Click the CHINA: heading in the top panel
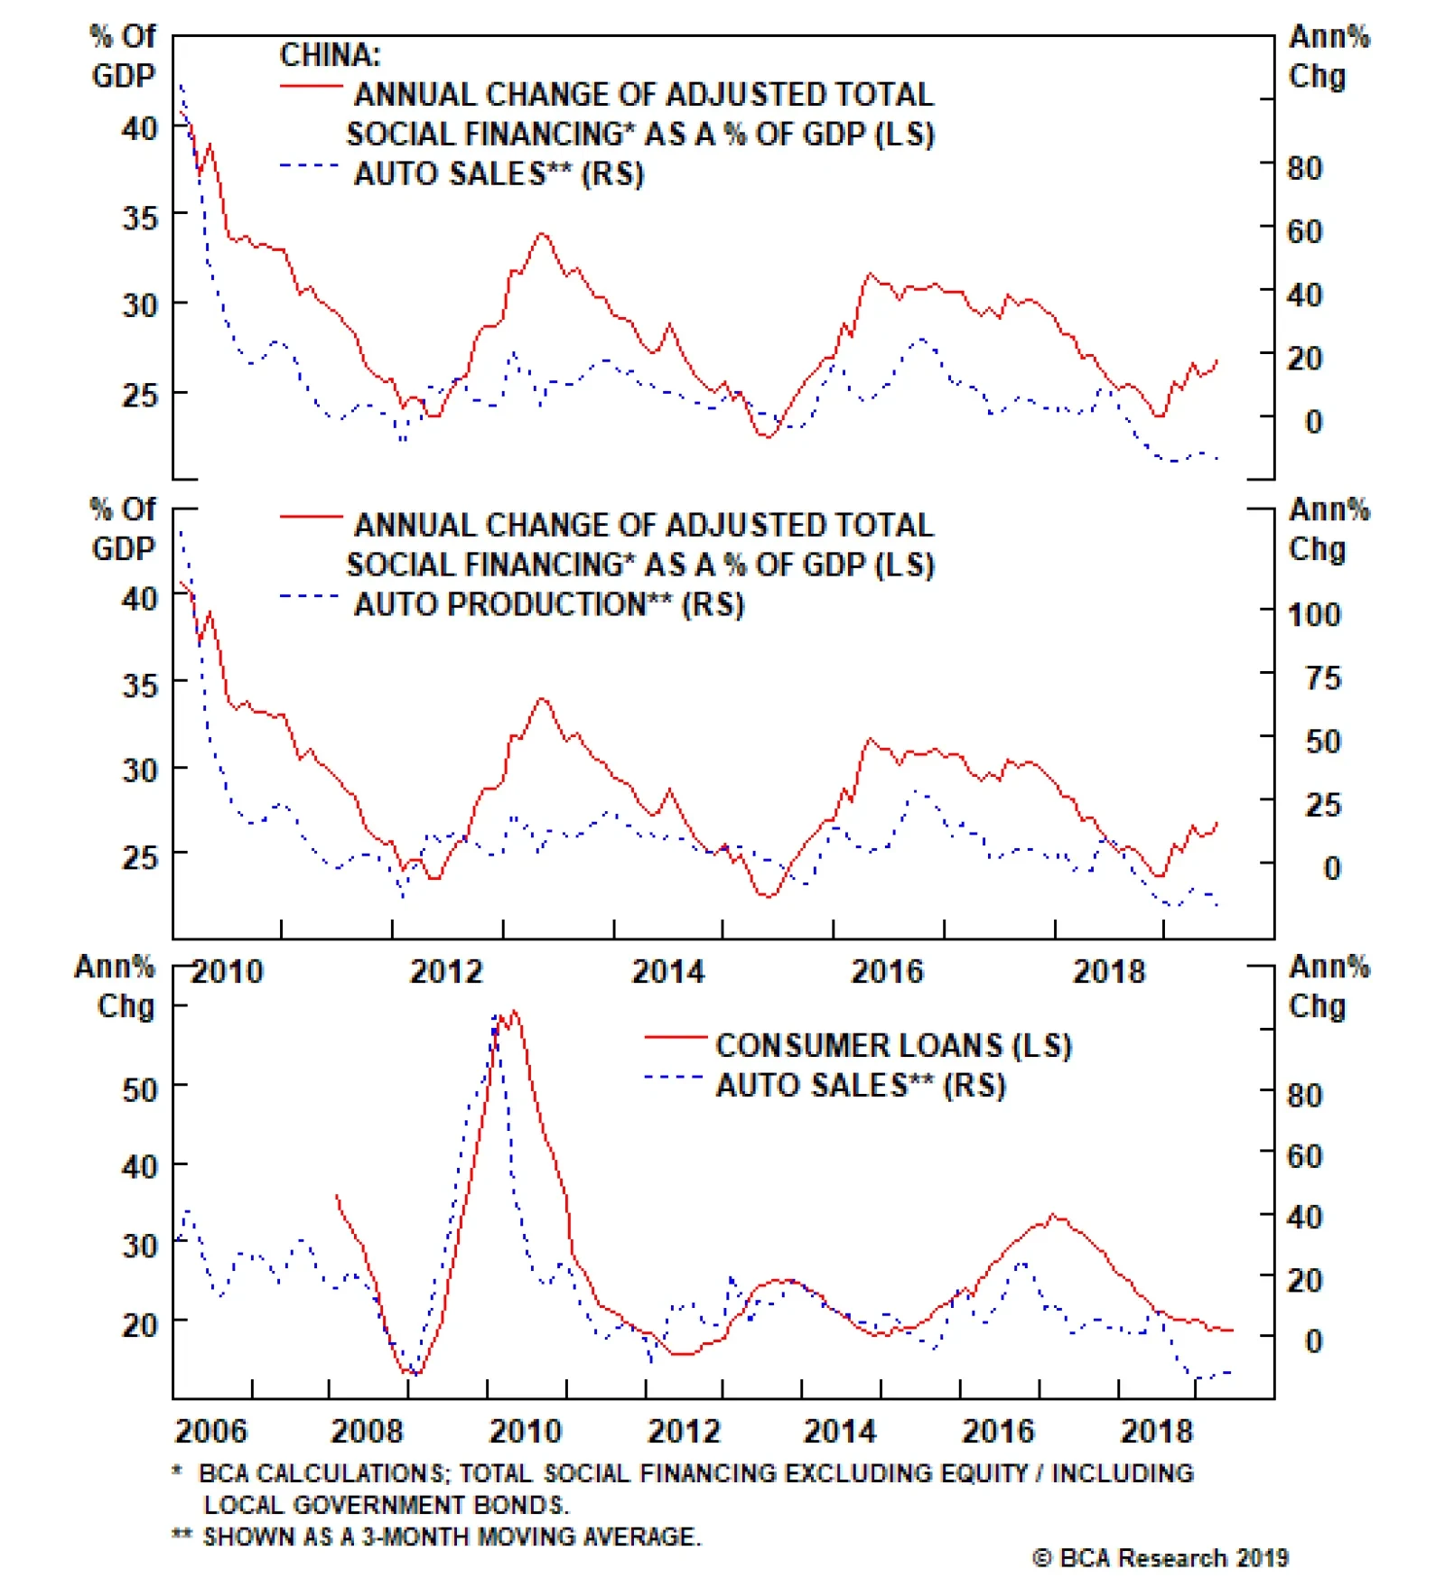pyautogui.click(x=330, y=55)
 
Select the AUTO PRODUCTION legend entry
pyautogui.click(x=548, y=604)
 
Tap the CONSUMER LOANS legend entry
pyautogui.click(x=893, y=1045)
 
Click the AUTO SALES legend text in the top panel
pyautogui.click(x=499, y=173)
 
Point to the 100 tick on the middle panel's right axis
pyautogui.click(x=1313, y=615)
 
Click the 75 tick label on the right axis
pyautogui.click(x=1322, y=678)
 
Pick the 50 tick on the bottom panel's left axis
pyautogui.click(x=140, y=1089)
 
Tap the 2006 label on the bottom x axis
pyautogui.click(x=210, y=1432)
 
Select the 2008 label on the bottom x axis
pyautogui.click(x=367, y=1432)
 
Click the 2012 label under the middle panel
pyautogui.click(x=446, y=972)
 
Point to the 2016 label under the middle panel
pyautogui.click(x=887, y=972)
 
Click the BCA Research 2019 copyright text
pyautogui.click(x=1161, y=1558)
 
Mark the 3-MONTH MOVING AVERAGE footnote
pyautogui.click(x=452, y=1537)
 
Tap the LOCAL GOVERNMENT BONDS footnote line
pyautogui.click(x=386, y=1505)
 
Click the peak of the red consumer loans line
pyautogui.click(x=514, y=1012)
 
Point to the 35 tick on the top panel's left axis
pyautogui.click(x=140, y=218)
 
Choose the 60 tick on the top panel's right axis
pyautogui.click(x=1304, y=232)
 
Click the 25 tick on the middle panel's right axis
pyautogui.click(x=1322, y=805)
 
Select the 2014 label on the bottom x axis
pyautogui.click(x=840, y=1432)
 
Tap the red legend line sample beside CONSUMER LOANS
pyautogui.click(x=675, y=1037)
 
